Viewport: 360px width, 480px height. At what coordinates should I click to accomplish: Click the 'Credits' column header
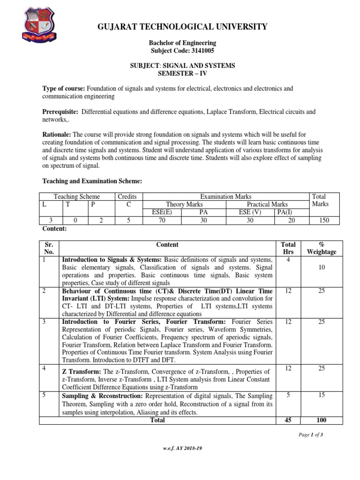127,196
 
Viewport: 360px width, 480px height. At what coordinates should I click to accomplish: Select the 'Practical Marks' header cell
267,204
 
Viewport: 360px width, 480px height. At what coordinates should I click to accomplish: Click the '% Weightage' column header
322,248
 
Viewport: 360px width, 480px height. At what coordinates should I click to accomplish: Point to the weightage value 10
322,268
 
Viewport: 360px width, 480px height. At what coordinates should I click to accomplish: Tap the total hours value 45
288,420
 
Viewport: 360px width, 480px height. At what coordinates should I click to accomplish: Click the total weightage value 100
322,420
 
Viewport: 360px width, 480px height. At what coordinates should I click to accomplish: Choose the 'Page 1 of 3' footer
311,435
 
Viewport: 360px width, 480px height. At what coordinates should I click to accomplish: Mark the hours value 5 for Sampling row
288,395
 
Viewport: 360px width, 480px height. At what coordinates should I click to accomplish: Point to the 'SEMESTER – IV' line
182,74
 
